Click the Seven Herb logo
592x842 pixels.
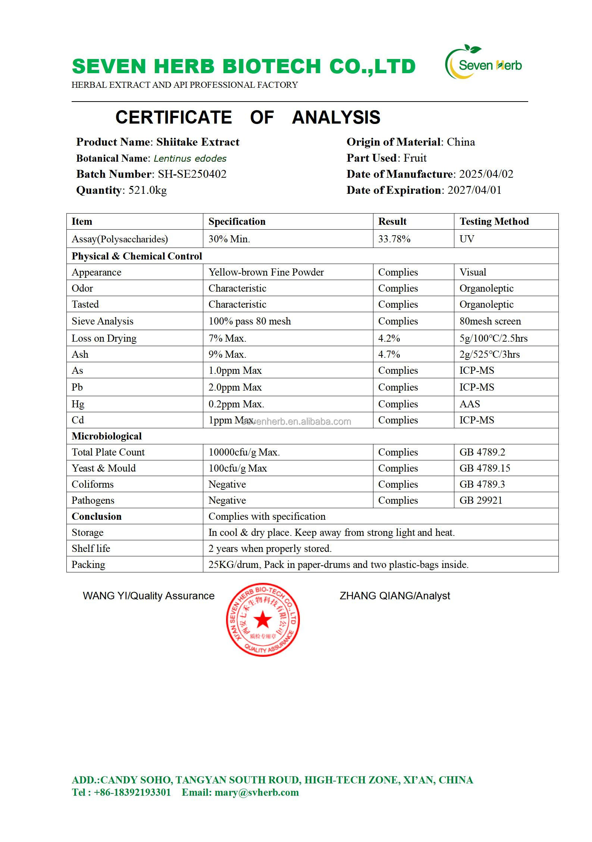pyautogui.click(x=484, y=63)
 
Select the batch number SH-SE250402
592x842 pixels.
pyautogui.click(x=192, y=174)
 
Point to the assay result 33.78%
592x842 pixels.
pyautogui.click(x=394, y=239)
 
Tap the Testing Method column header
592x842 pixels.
pyautogui.click(x=494, y=221)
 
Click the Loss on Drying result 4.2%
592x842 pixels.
pyautogui.click(x=389, y=338)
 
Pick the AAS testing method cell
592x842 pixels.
pyautogui.click(x=470, y=404)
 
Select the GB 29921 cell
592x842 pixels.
pyautogui.click(x=481, y=500)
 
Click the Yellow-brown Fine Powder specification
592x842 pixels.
pyautogui.click(x=266, y=272)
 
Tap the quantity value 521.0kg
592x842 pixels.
pyautogui.click(x=147, y=190)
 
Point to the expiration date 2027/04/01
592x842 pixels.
pyautogui.click(x=474, y=190)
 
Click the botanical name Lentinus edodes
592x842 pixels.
pyautogui.click(x=190, y=158)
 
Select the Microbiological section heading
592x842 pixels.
pyautogui.click(x=107, y=436)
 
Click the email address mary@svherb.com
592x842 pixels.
pyautogui.click(x=257, y=792)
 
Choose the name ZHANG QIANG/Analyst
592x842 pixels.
pyautogui.click(x=395, y=596)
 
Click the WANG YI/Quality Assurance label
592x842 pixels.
pyautogui.click(x=148, y=596)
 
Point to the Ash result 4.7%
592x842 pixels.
pyautogui.click(x=389, y=354)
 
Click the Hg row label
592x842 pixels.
pyautogui.click(x=78, y=404)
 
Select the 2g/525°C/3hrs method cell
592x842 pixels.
pyautogui.click(x=489, y=354)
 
